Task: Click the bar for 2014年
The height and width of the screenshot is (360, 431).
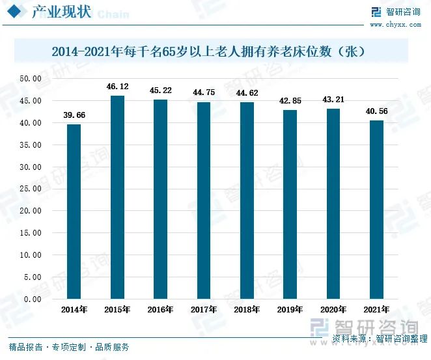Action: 74,212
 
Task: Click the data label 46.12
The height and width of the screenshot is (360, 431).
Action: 117,86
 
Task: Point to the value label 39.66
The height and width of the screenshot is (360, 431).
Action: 74,115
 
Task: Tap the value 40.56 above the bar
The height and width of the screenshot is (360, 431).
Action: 376,111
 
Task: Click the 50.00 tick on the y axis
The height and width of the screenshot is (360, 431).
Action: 31,79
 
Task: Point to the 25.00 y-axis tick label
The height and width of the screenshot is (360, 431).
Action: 31,189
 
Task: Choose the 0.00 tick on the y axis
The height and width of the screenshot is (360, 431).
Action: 33,299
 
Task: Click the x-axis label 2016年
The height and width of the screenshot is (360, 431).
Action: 160,311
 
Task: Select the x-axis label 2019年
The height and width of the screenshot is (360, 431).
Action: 290,311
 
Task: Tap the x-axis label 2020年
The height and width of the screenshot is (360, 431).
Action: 333,311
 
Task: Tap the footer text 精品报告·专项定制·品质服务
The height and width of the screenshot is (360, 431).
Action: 69,347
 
